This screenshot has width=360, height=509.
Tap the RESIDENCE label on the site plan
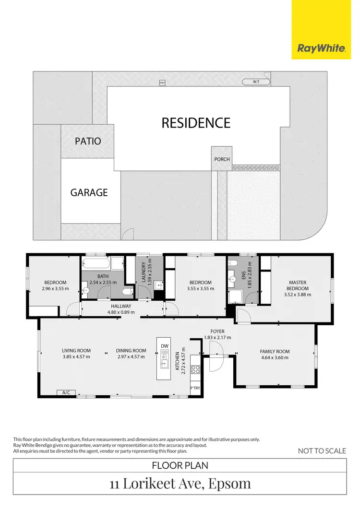point(196,123)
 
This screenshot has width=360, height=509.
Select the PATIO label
point(88,141)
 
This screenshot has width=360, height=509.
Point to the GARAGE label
point(89,192)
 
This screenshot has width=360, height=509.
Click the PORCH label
point(222,159)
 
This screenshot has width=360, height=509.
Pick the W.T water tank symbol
point(256,82)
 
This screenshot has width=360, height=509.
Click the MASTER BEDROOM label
point(298,285)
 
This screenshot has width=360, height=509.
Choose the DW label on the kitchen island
point(165,346)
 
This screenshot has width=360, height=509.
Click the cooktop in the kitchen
point(196,369)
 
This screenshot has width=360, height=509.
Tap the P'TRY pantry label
point(195,388)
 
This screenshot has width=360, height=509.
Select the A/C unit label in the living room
point(66,392)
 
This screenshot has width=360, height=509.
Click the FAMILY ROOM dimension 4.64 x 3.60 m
point(275,357)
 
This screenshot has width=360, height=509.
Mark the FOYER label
point(217,331)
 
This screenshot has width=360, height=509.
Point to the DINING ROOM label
point(131,351)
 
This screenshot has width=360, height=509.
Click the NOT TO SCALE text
point(322,450)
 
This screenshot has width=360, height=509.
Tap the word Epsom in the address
point(229,483)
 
